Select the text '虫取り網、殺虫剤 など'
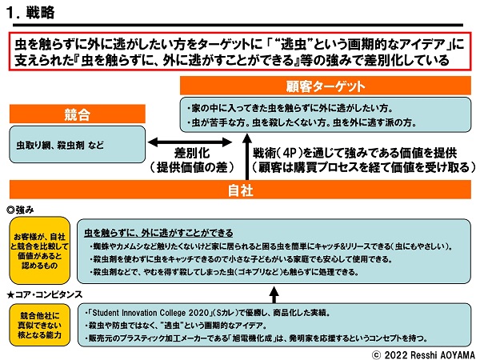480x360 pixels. (63, 147)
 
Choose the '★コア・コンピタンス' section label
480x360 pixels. (45, 294)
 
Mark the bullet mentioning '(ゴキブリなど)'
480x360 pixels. (240, 272)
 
